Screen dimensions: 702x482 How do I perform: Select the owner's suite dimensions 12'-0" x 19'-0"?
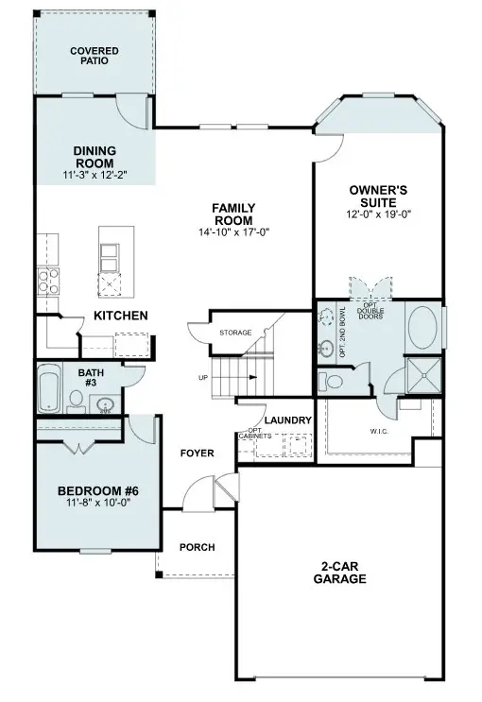pyautogui.click(x=379, y=214)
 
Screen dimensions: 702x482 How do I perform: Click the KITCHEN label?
pyautogui.click(x=120, y=316)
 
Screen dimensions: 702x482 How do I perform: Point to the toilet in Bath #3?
pyautogui.click(x=76, y=404)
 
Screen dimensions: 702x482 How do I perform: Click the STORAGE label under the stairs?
pyautogui.click(x=234, y=334)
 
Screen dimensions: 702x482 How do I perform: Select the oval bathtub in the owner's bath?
pyautogui.click(x=422, y=329)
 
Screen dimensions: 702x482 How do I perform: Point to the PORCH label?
pyautogui.click(x=197, y=547)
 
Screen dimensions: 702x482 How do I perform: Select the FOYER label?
pyautogui.click(x=197, y=454)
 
